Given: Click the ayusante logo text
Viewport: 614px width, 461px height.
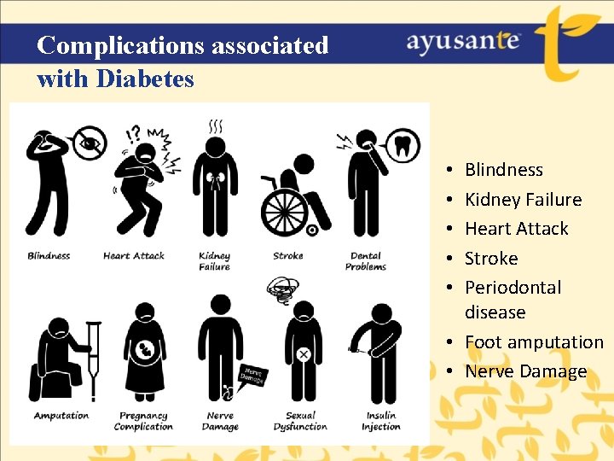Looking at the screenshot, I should click(463, 43).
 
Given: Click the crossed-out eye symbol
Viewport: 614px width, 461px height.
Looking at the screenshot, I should click(89, 142).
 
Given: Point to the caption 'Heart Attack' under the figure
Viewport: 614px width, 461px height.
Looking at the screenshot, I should click(133, 255).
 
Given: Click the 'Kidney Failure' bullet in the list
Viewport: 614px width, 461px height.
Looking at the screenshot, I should click(523, 200).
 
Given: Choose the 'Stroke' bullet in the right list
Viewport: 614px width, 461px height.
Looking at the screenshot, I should click(491, 258).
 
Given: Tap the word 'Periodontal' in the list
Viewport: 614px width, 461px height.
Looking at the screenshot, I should click(513, 288).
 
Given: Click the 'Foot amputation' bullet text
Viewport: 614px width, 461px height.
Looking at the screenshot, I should click(534, 342).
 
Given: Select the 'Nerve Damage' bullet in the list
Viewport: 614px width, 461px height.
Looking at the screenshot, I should click(525, 371).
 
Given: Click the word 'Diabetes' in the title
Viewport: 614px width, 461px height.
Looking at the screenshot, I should click(145, 79).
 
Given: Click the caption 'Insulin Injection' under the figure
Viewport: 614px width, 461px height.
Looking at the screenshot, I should click(379, 421).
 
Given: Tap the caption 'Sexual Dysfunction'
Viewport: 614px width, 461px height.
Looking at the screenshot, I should click(300, 421).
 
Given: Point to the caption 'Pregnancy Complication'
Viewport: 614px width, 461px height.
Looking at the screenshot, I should click(143, 421).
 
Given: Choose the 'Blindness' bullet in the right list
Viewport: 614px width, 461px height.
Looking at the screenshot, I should click(503, 170).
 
